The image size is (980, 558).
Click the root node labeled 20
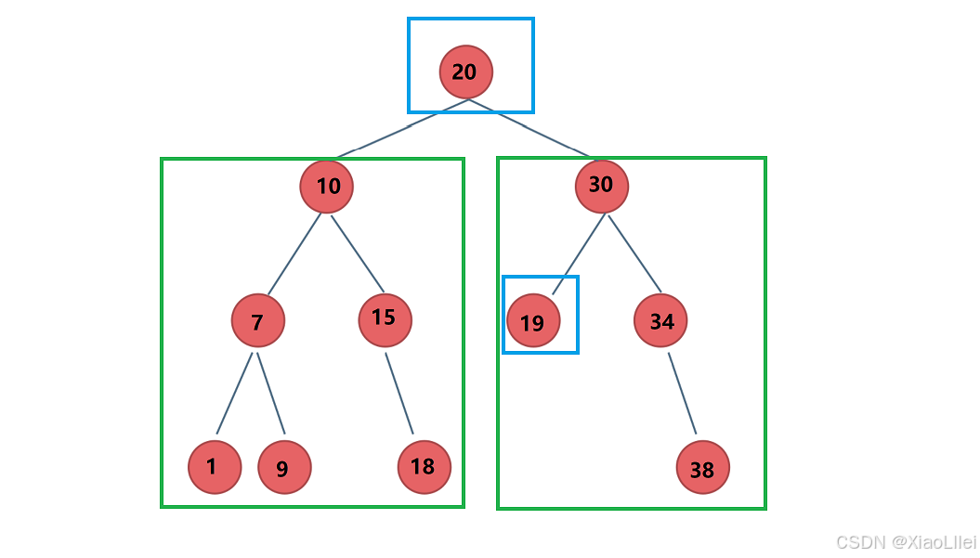(x=466, y=71)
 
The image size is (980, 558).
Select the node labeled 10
(x=327, y=187)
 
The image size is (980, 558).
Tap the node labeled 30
(x=602, y=186)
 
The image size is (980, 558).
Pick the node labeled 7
(x=258, y=320)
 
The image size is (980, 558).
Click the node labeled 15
(x=385, y=320)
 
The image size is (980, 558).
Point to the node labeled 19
(x=533, y=320)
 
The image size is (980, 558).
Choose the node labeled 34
(x=660, y=320)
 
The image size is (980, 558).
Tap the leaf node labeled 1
(x=215, y=467)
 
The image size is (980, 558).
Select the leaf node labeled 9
(x=284, y=467)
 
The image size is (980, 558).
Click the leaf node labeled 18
(x=425, y=467)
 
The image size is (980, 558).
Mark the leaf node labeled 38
(x=703, y=467)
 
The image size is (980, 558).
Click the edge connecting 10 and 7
(x=294, y=253)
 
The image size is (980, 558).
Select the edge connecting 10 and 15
(x=358, y=253)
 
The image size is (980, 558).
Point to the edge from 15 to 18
(x=399, y=393)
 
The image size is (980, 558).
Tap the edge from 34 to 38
(x=682, y=393)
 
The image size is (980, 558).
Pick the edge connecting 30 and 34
(x=634, y=253)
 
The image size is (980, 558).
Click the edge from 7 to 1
(x=234, y=393)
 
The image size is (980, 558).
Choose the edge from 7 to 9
(x=270, y=393)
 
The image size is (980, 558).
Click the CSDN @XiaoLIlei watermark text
(x=907, y=542)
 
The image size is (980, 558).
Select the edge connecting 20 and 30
(x=529, y=127)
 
